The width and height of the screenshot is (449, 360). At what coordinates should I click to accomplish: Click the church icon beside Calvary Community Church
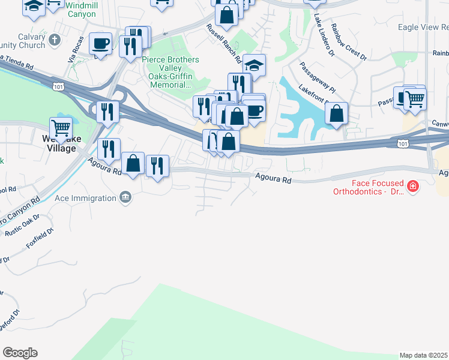(x=55, y=40)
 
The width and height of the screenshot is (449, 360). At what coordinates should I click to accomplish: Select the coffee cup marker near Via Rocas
(x=100, y=43)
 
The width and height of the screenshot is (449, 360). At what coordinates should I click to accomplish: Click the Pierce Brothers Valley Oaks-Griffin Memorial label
(x=175, y=73)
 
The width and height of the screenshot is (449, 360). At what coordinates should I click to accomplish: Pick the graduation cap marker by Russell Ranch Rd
(x=255, y=65)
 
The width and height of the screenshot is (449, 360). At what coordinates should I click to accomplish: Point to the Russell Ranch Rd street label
(x=223, y=44)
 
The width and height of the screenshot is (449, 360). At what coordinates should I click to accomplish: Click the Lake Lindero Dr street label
(x=323, y=37)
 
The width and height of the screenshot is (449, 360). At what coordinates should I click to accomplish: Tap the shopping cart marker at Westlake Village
(x=61, y=128)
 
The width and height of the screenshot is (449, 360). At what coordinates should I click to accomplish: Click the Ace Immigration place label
(x=85, y=198)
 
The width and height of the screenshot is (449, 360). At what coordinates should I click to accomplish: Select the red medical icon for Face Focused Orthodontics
(x=412, y=187)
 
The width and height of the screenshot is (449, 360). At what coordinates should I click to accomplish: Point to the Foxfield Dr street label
(x=40, y=237)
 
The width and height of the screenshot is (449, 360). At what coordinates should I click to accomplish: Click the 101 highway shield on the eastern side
(x=403, y=143)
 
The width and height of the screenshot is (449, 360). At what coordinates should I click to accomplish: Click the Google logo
(x=20, y=352)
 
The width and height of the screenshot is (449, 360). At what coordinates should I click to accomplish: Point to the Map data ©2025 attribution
(x=423, y=355)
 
